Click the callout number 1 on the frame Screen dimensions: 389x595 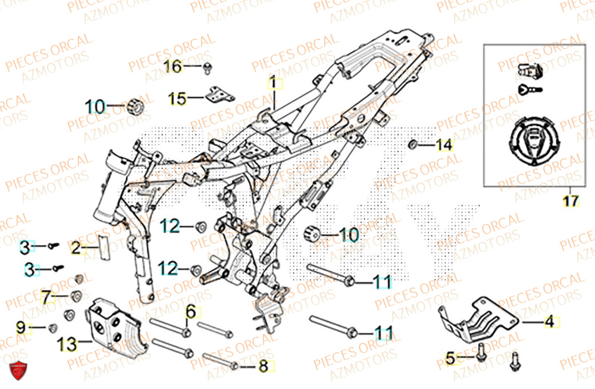click(x=273, y=83)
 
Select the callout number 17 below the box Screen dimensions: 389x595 click(x=570, y=201)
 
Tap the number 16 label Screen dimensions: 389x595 click(x=173, y=67)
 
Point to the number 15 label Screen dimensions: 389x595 click(x=177, y=98)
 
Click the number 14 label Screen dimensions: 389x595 click(x=444, y=145)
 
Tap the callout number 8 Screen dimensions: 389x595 click(x=263, y=366)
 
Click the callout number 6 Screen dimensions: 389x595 click(x=190, y=311)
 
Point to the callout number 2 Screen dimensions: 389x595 click(x=76, y=248)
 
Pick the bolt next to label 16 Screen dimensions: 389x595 click(x=208, y=67)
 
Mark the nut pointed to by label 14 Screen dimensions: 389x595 click(x=412, y=145)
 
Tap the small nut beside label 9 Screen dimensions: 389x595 click(x=52, y=327)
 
